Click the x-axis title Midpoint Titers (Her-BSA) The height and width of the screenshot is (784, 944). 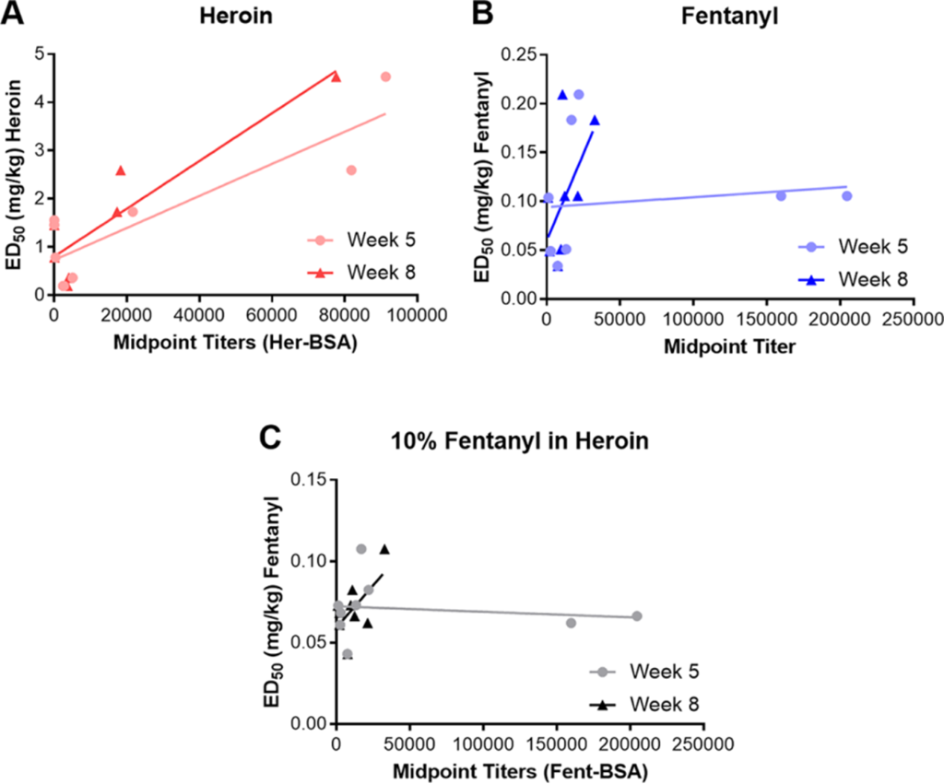[x=237, y=343]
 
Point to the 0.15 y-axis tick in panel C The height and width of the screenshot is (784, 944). [x=309, y=480]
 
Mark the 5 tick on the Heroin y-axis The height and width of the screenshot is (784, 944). [x=41, y=54]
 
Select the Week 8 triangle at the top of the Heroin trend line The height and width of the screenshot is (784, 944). [x=336, y=77]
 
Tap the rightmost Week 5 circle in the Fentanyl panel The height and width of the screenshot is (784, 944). [x=846, y=195]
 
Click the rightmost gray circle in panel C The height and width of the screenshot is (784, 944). [x=637, y=615]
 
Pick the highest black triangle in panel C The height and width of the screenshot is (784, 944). [x=384, y=549]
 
